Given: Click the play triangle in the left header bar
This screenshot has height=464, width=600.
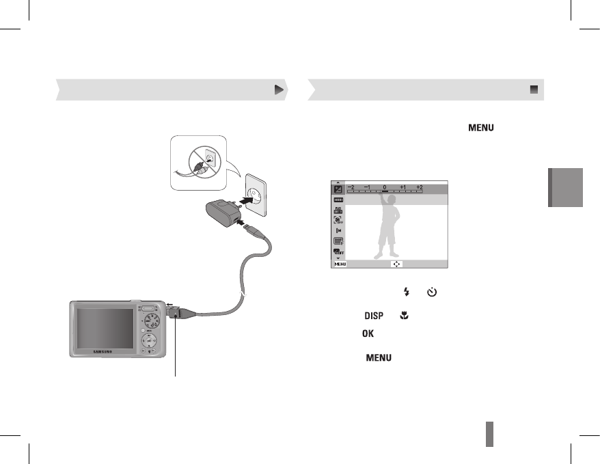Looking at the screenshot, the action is (x=278, y=90).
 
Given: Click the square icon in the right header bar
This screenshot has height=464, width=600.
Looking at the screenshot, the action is (x=534, y=90).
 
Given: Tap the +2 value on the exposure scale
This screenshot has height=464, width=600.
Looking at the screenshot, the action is (x=420, y=187).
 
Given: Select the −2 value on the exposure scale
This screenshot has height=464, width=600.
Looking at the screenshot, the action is (x=351, y=187).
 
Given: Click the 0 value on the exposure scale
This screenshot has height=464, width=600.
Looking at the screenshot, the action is (x=385, y=187).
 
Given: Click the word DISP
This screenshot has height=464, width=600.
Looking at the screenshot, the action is (x=373, y=315).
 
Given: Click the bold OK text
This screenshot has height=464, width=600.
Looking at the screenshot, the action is (x=368, y=333).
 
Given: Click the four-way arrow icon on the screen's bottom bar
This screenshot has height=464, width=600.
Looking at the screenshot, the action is (x=395, y=263).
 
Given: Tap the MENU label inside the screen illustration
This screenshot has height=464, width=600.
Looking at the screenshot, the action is (x=340, y=263).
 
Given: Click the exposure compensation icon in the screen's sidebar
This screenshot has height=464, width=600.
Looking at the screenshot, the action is (x=338, y=189).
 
